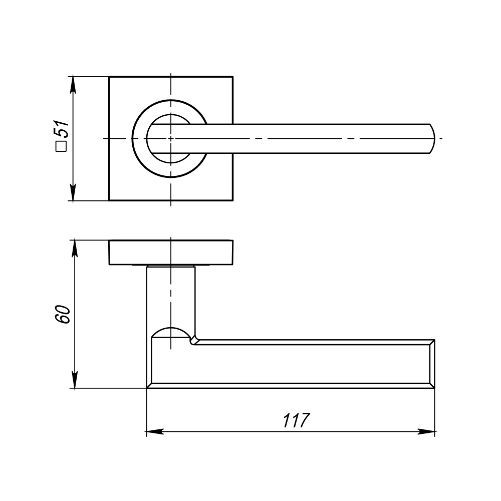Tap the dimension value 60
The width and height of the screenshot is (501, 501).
pyautogui.click(x=62, y=315)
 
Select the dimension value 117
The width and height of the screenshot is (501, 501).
pyautogui.click(x=296, y=420)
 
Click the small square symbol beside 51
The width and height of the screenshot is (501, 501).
pyautogui.click(x=62, y=147)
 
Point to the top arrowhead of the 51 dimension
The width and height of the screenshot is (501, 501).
pyautogui.click(x=73, y=84)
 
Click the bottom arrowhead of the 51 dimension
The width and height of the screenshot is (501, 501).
pyautogui.click(x=73, y=193)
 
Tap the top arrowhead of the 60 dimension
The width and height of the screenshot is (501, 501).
pyautogui.click(x=75, y=248)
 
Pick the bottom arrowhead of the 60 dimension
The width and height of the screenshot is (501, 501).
pyautogui.click(x=75, y=380)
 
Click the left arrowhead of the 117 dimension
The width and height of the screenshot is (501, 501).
pyautogui.click(x=155, y=432)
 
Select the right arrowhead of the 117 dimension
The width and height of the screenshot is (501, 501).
pyautogui.click(x=427, y=432)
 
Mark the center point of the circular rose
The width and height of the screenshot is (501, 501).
pyautogui.click(x=171, y=139)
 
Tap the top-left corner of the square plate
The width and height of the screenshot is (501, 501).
pyautogui.click(x=109, y=77)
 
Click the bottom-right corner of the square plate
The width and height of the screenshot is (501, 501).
pyautogui.click(x=232, y=200)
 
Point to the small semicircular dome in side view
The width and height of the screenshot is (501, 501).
pyautogui.click(x=171, y=333)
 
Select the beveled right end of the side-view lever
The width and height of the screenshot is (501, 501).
pyautogui.click(x=432, y=364)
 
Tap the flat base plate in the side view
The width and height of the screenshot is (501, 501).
pyautogui.click(x=171, y=253)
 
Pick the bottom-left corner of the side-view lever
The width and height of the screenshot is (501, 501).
pyautogui.click(x=147, y=388)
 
